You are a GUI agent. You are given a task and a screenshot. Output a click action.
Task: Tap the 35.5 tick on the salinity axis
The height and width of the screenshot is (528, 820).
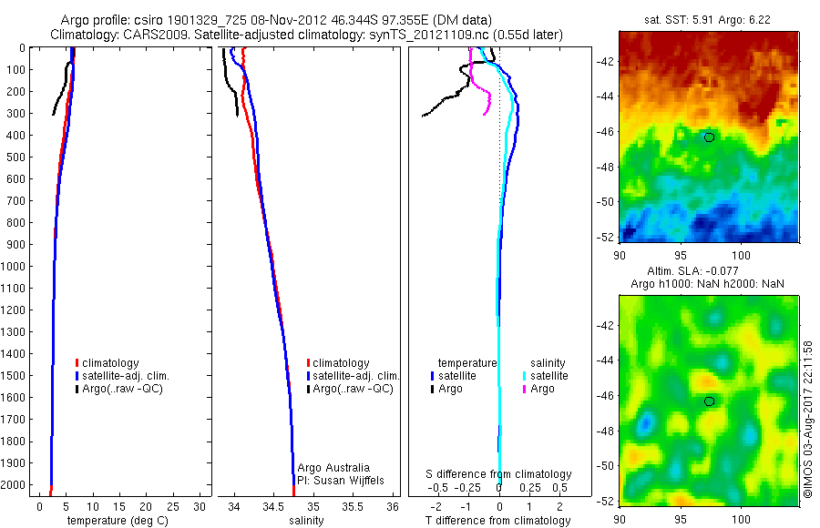click(x=353, y=506)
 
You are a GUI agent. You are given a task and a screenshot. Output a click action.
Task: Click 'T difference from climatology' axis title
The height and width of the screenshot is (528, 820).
click(x=498, y=521)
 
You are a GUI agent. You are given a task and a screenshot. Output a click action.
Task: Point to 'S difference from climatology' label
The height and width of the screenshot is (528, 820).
click(x=498, y=474)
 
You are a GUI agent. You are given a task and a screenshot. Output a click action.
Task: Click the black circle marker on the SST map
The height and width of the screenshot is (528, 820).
click(x=709, y=137)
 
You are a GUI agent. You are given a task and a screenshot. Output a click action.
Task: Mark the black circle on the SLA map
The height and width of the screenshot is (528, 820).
click(x=709, y=401)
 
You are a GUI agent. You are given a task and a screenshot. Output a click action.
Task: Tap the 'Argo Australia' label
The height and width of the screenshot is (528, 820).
click(x=334, y=467)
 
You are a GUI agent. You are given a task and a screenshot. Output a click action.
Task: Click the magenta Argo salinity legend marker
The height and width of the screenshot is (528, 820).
click(x=526, y=389)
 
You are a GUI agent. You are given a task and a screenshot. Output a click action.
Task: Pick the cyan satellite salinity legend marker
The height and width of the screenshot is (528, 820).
click(x=526, y=375)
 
